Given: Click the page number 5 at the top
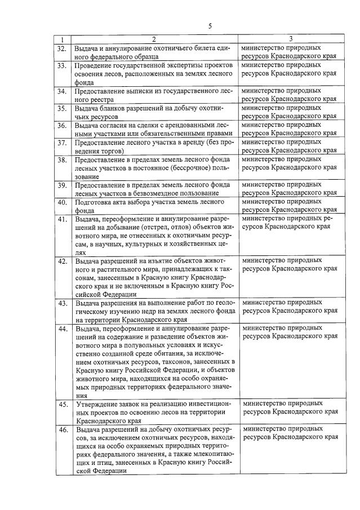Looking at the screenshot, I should [x=210, y=26].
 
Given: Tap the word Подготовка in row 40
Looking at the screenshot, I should [x=95, y=202].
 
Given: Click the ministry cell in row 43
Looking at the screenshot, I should [x=290, y=307].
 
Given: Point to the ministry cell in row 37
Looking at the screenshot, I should [x=290, y=147].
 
